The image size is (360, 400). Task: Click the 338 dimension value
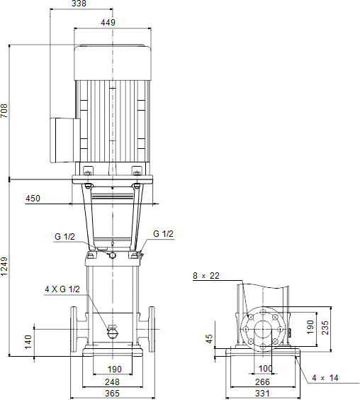pos(79,4)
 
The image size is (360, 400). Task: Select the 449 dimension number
pos(108,23)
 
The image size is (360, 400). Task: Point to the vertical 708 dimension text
pos(4,111)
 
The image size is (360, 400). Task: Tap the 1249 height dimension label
pos(4,267)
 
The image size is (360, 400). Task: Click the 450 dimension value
pos(33,198)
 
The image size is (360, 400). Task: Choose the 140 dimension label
pos(28,342)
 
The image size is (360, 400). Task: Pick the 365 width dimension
pos(112,393)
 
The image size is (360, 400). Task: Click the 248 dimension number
pos(112,382)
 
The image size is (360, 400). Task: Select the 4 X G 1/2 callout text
pos(62,289)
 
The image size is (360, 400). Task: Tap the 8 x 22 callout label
pos(206,275)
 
